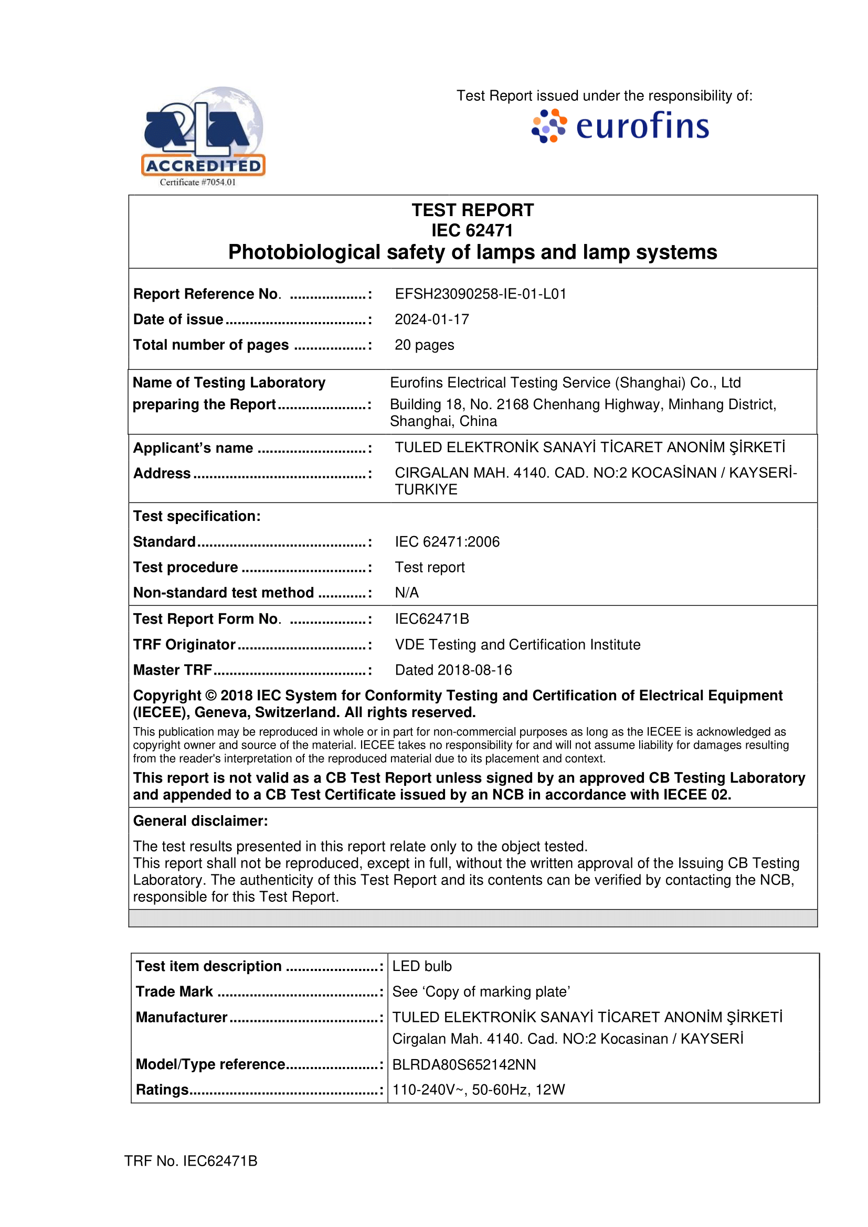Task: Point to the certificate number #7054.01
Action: coord(198,182)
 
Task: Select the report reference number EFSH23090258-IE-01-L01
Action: coord(481,294)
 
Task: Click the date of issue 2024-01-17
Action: coord(432,319)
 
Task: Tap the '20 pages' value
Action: coord(425,345)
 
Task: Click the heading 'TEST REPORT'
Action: coord(472,210)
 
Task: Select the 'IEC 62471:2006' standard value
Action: coord(447,542)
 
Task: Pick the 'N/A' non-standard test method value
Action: coord(407,593)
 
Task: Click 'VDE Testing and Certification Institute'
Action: coord(517,645)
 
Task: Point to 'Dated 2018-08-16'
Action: coord(453,670)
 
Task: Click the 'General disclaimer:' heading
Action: coord(200,821)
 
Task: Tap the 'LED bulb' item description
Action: coord(422,966)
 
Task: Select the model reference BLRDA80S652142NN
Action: coord(464,1064)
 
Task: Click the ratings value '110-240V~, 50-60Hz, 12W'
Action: coord(479,1090)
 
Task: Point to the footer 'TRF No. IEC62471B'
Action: coord(191,1161)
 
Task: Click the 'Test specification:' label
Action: coord(197,516)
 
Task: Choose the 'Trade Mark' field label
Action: coord(174,992)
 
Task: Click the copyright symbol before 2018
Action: coord(210,696)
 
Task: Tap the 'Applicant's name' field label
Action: coord(193,448)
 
